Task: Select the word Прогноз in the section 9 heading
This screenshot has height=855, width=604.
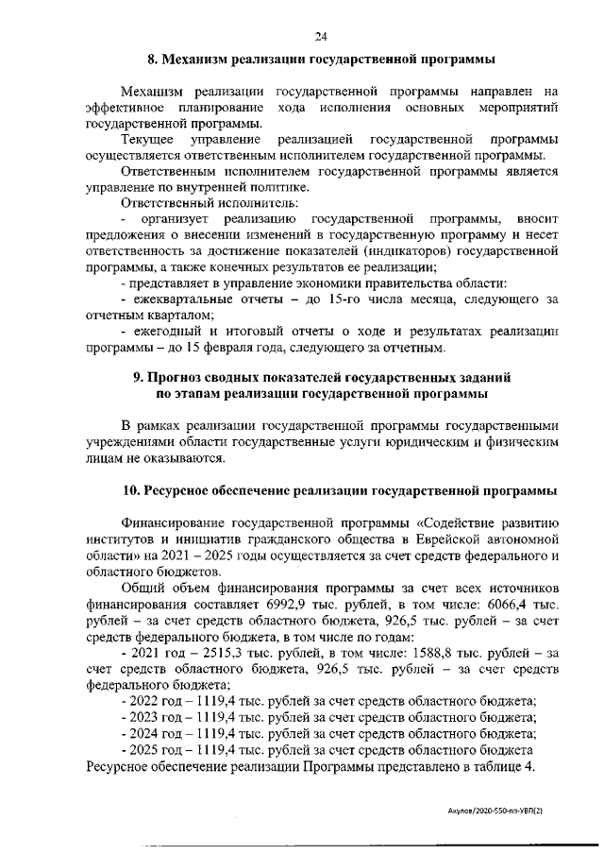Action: click(x=176, y=377)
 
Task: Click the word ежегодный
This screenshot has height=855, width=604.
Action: click(x=165, y=333)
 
